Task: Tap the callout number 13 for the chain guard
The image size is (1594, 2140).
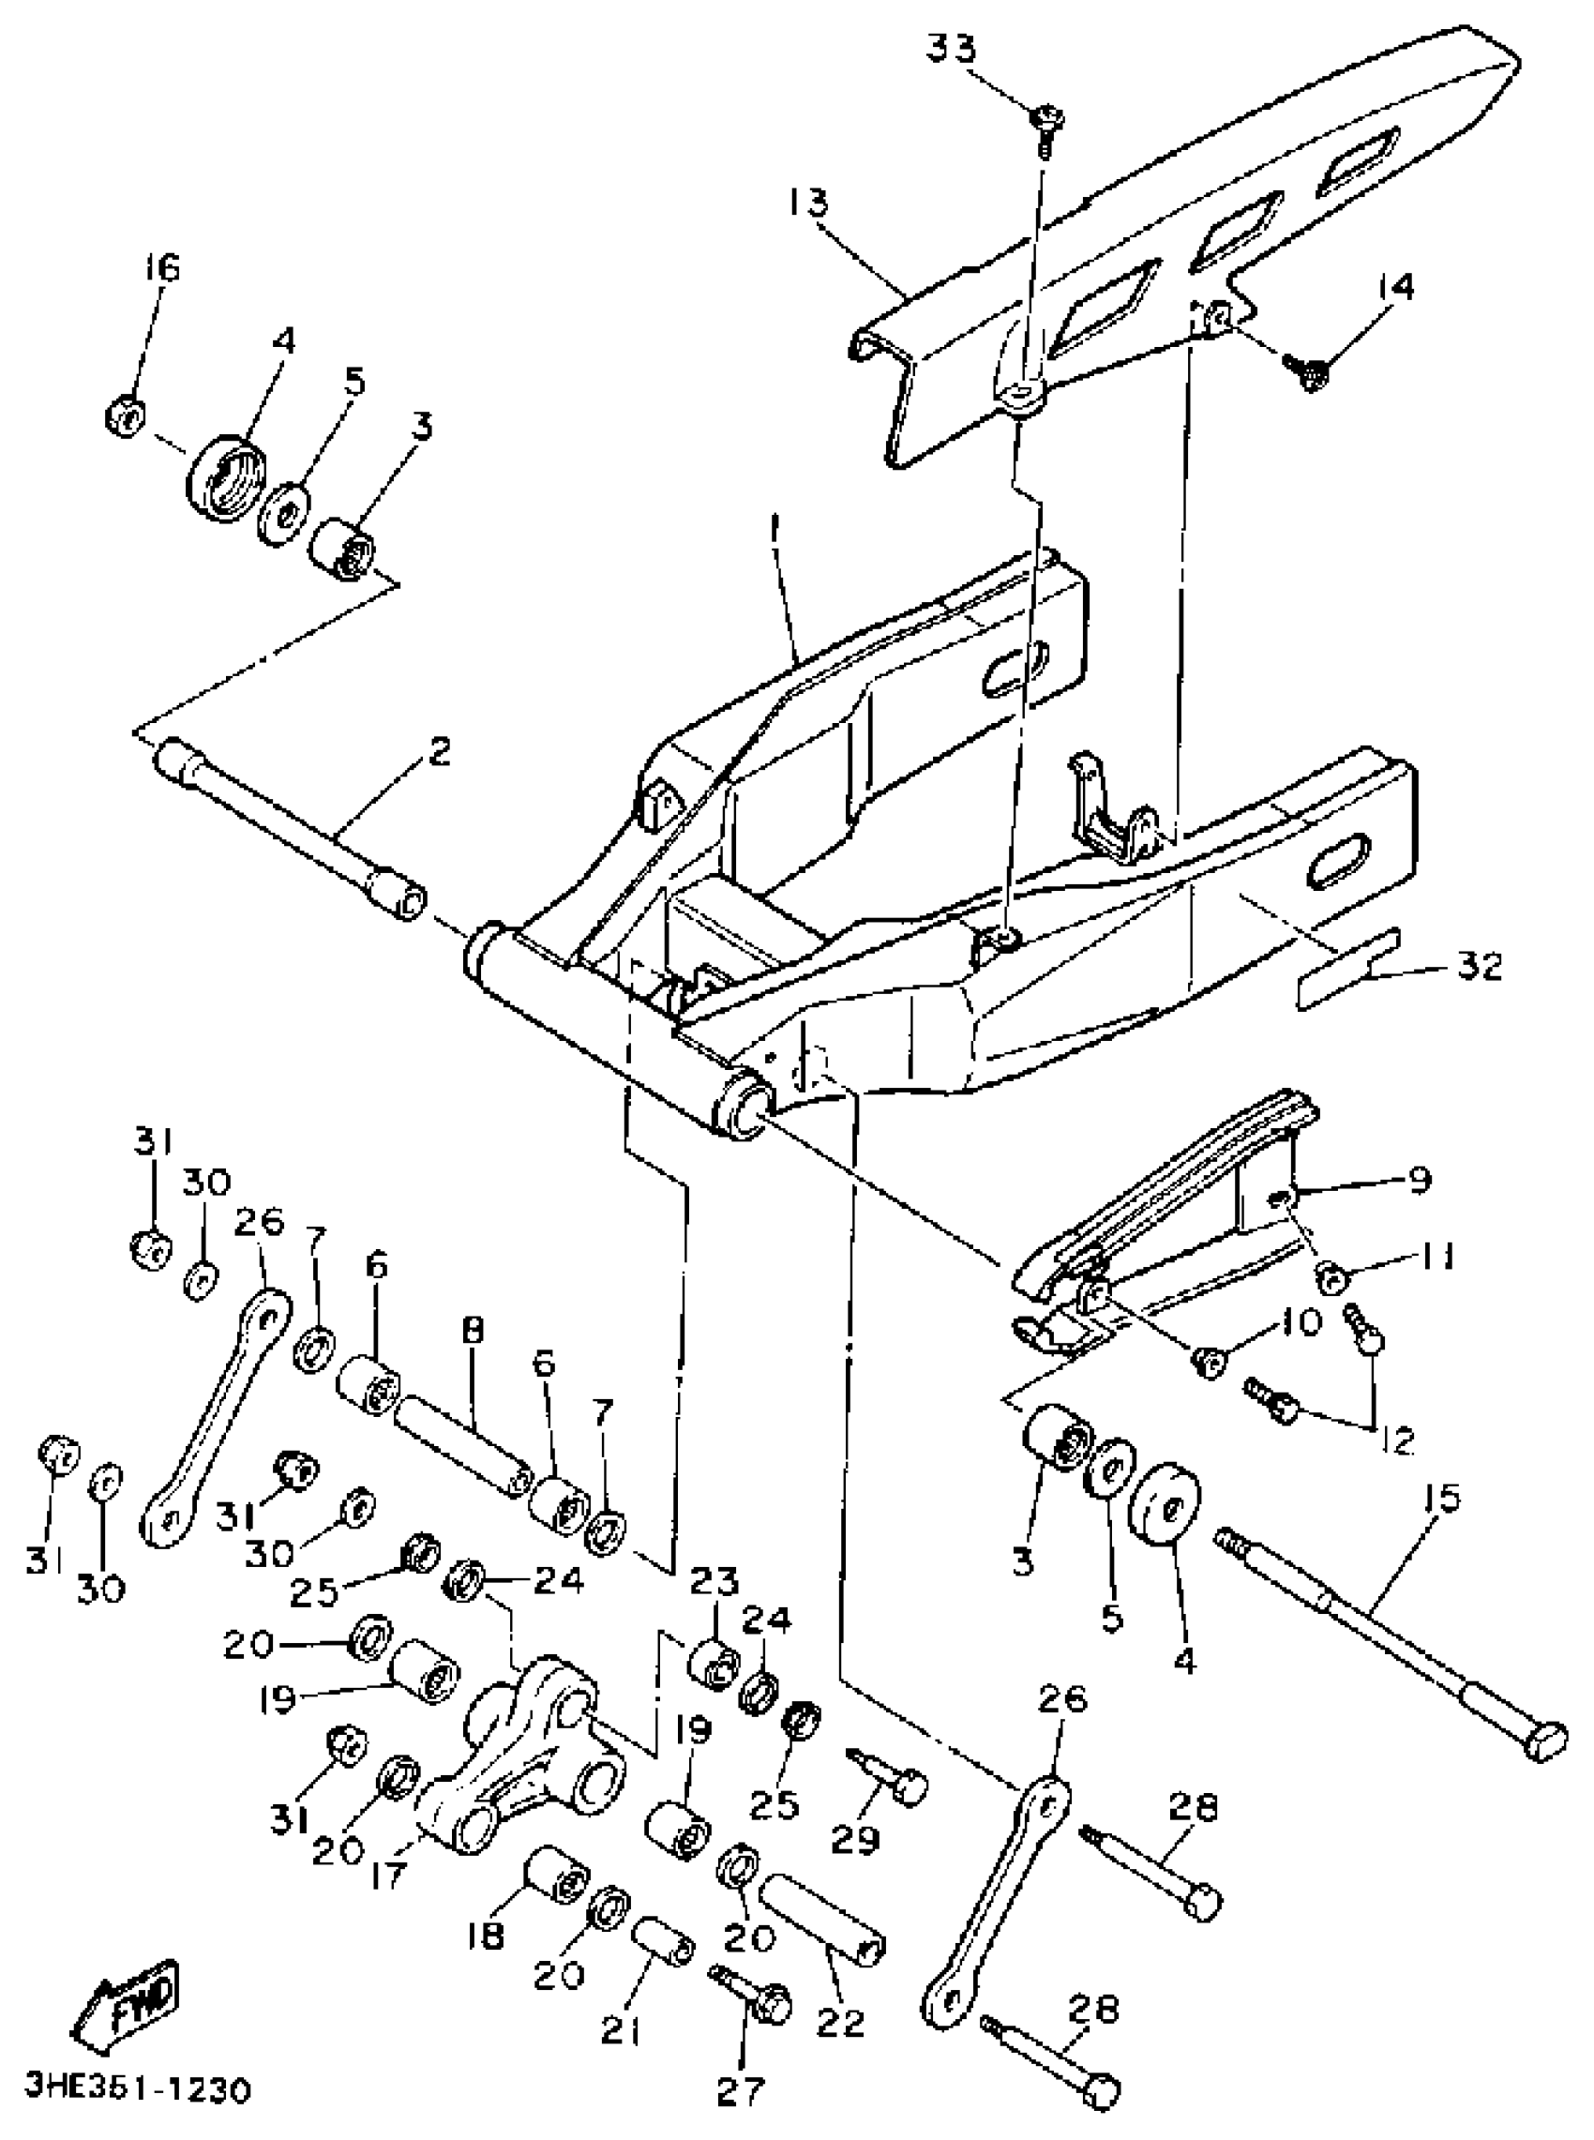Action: tap(805, 203)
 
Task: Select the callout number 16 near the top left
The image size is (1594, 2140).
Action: tap(162, 268)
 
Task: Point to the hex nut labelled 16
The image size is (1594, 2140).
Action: tap(125, 416)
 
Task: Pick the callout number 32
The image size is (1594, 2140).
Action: tap(1480, 966)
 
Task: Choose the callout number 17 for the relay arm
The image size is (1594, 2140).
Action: tap(387, 1876)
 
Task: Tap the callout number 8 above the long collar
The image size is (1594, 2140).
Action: tap(473, 1332)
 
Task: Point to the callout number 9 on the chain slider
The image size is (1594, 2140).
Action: tap(1419, 1180)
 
